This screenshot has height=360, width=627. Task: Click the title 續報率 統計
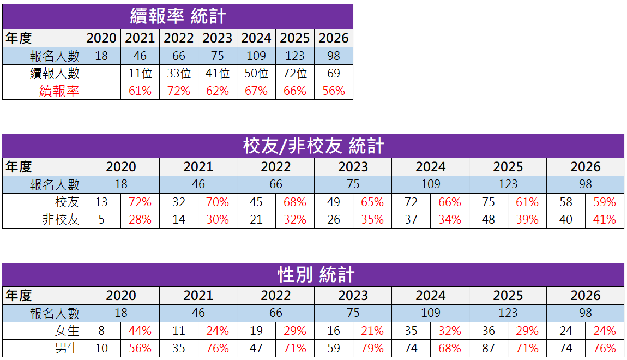pos(178,16)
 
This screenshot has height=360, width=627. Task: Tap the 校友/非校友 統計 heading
pos(313,146)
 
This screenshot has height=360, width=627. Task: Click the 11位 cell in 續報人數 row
pos(140,74)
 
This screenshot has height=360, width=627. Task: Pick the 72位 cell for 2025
pos(295,74)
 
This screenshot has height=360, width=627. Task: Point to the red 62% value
pos(218,91)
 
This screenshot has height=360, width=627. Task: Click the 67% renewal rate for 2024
pos(256,91)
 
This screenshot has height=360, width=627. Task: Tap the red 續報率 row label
pos(59,91)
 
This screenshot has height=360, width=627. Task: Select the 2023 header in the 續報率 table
pos(218,38)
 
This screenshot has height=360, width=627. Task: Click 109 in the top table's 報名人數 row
pos(256,56)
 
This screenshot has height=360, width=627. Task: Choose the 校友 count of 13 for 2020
pos(101,202)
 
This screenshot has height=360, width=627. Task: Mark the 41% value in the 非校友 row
pos(605,220)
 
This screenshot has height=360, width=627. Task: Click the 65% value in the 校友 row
pos(372,202)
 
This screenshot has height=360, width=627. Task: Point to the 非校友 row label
pos(61,220)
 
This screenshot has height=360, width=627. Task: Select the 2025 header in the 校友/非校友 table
pos(508,167)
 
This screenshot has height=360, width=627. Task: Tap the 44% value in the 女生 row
pos(140,331)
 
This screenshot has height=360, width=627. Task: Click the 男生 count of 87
pos(489,349)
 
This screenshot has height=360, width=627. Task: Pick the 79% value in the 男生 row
pos(372,349)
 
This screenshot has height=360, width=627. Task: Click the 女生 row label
pos(67,331)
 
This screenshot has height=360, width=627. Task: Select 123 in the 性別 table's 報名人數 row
pos(508,313)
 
